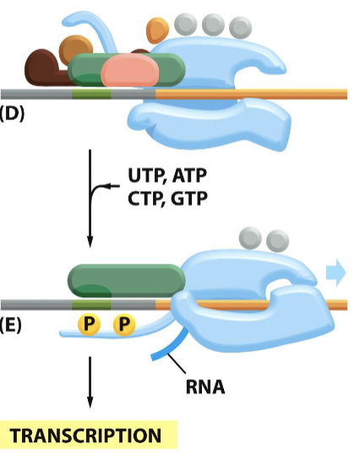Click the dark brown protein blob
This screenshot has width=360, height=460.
coord(42,67)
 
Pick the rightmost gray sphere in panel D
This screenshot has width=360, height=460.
coord(241,27)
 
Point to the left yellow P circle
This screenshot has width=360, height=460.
coord(89,324)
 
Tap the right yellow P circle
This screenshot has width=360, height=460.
coord(124,324)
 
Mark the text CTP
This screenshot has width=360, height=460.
coord(149,200)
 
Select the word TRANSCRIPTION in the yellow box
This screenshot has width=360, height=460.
coord(85,436)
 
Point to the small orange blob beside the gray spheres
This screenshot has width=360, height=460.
coord(157,30)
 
